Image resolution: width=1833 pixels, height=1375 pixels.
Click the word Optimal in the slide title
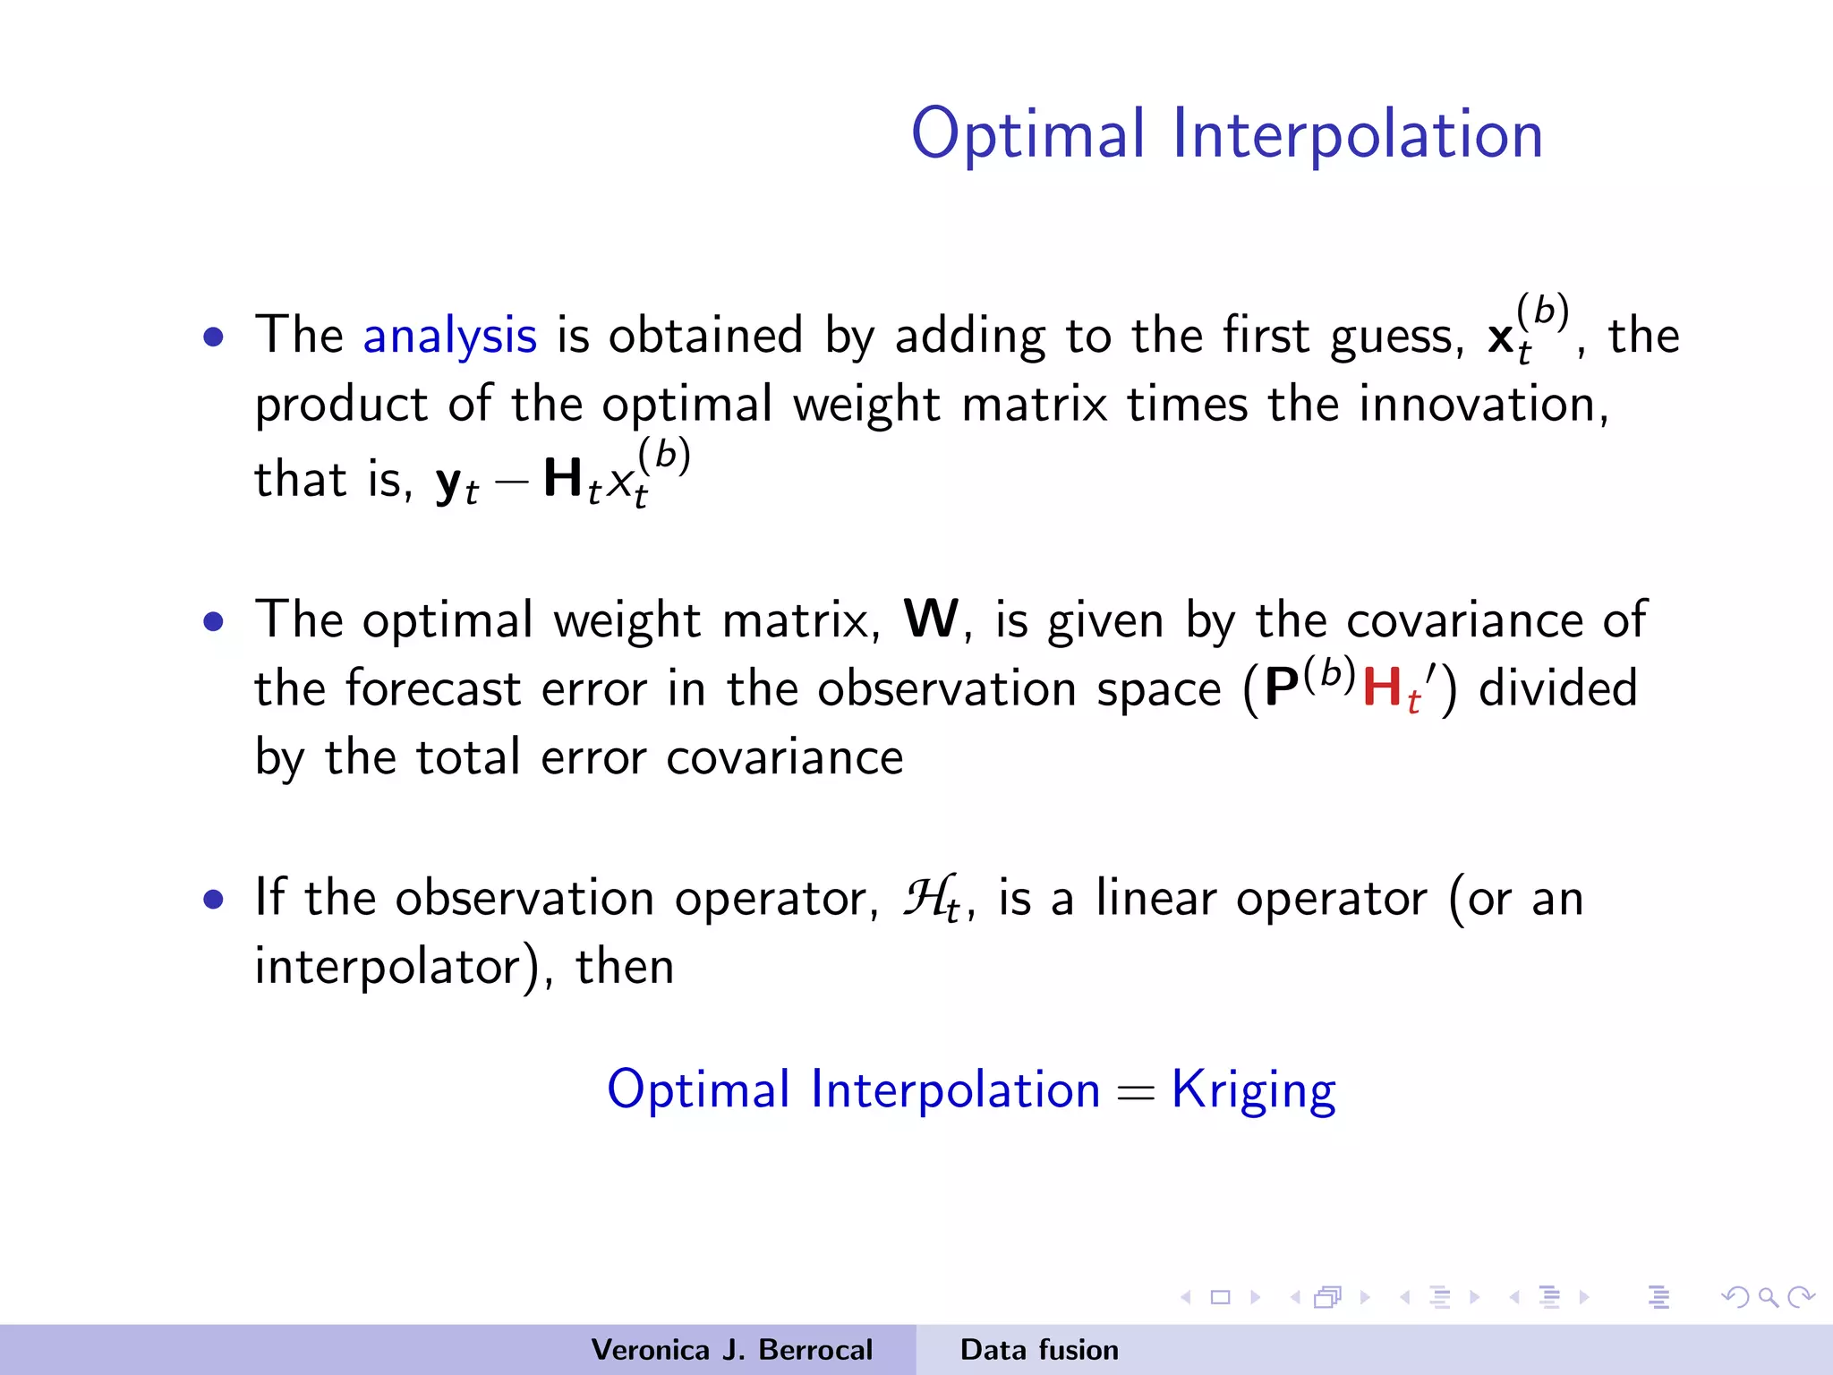coord(1027,134)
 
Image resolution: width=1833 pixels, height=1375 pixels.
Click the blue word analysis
coord(449,337)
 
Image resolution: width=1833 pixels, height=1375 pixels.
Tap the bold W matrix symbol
coord(931,619)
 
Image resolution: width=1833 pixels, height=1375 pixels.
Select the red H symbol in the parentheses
coord(1382,687)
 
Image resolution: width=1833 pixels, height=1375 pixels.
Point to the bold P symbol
coord(1282,689)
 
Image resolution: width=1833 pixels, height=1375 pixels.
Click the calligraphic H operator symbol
coord(927,897)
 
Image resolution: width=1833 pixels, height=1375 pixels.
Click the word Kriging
coord(1253,1090)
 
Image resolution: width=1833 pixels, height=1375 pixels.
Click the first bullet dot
coord(213,337)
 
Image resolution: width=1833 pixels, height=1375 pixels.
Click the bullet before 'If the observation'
coord(213,899)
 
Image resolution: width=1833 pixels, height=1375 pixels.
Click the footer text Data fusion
coord(1038,1350)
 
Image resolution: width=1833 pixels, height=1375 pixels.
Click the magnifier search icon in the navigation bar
coord(1768,1297)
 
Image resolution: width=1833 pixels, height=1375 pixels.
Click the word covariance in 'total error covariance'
coord(784,758)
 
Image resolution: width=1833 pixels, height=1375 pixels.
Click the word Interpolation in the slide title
coord(1357,134)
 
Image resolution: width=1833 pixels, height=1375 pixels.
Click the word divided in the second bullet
coord(1557,689)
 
